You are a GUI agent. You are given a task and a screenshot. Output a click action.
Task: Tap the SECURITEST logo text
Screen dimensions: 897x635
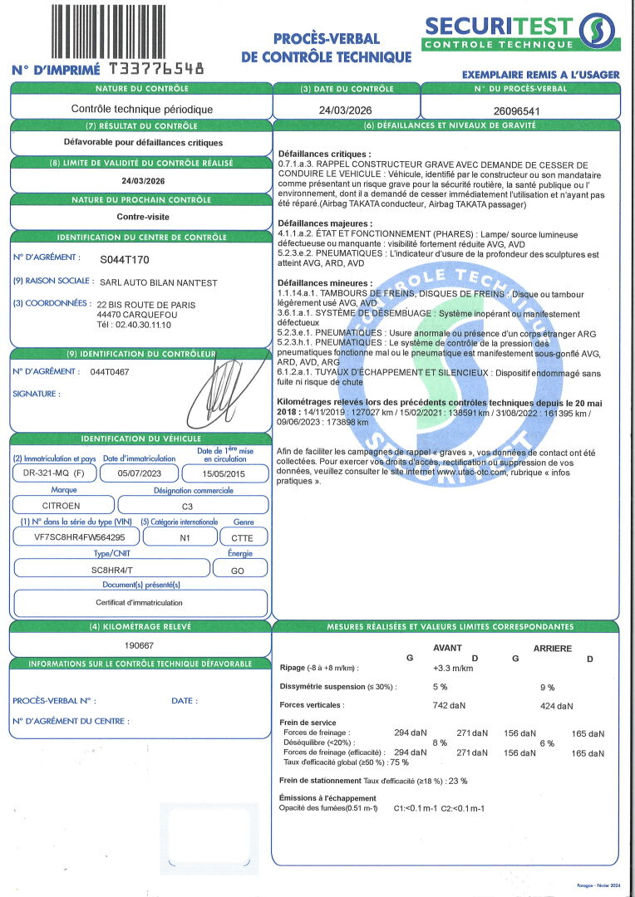498,25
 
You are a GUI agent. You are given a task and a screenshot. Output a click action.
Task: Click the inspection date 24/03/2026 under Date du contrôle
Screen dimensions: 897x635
347,110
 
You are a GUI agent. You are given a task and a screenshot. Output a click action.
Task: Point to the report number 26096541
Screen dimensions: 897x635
516,110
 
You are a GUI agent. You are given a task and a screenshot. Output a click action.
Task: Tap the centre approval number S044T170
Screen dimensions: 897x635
125,259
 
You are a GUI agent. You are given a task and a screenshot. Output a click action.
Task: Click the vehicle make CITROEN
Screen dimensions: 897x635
62,505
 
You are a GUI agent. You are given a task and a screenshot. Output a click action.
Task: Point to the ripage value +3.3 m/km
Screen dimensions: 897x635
453,668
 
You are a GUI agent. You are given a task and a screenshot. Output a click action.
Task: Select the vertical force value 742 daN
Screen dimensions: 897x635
450,705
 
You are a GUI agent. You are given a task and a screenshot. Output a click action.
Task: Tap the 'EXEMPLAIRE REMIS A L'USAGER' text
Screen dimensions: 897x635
541,75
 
